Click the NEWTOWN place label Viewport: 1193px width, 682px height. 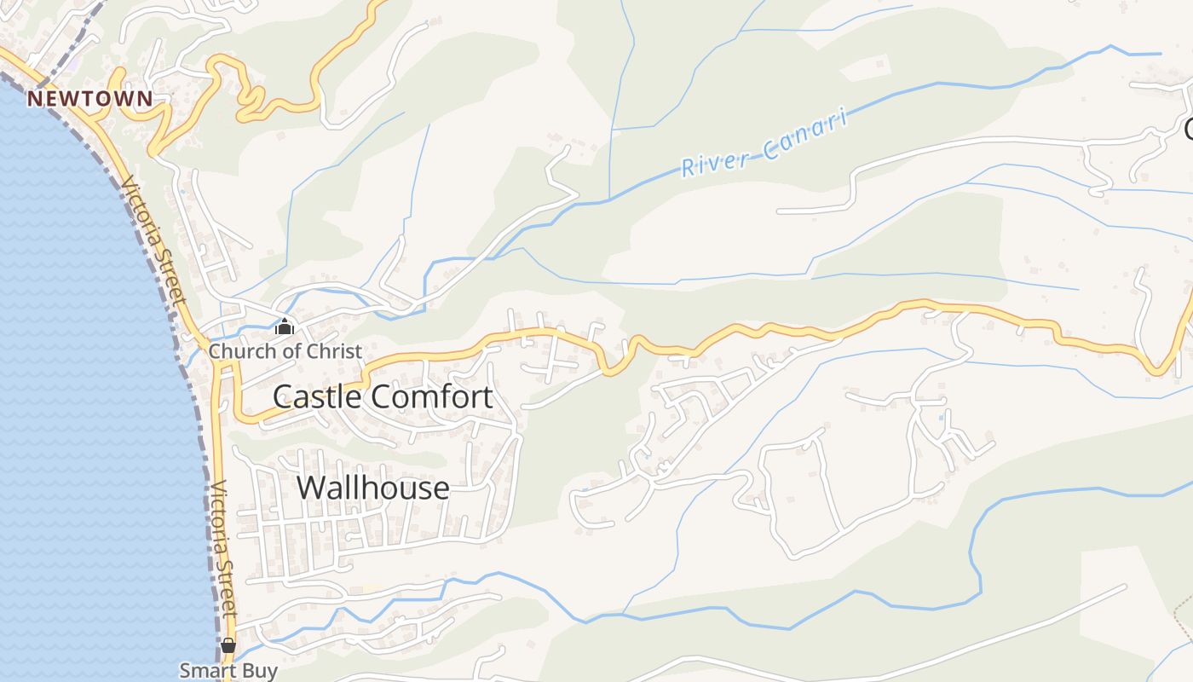89,99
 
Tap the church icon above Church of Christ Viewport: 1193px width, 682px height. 284,327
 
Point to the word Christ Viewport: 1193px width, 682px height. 335,351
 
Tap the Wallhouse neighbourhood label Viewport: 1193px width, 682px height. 372,488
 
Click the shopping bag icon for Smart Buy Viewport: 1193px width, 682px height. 228,645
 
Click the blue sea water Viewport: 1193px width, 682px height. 77,384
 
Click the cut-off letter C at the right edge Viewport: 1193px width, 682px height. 1188,130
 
